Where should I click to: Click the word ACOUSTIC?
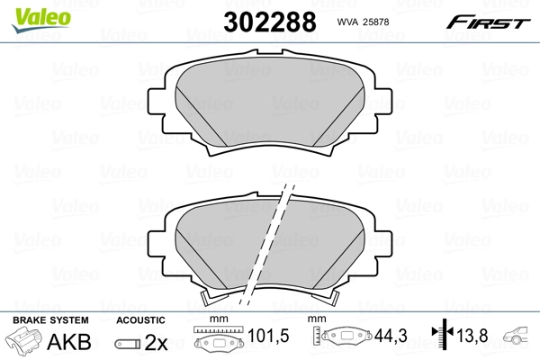click(x=140, y=320)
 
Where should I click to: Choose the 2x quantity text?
click(x=157, y=341)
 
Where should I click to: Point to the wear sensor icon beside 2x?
click(x=127, y=342)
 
